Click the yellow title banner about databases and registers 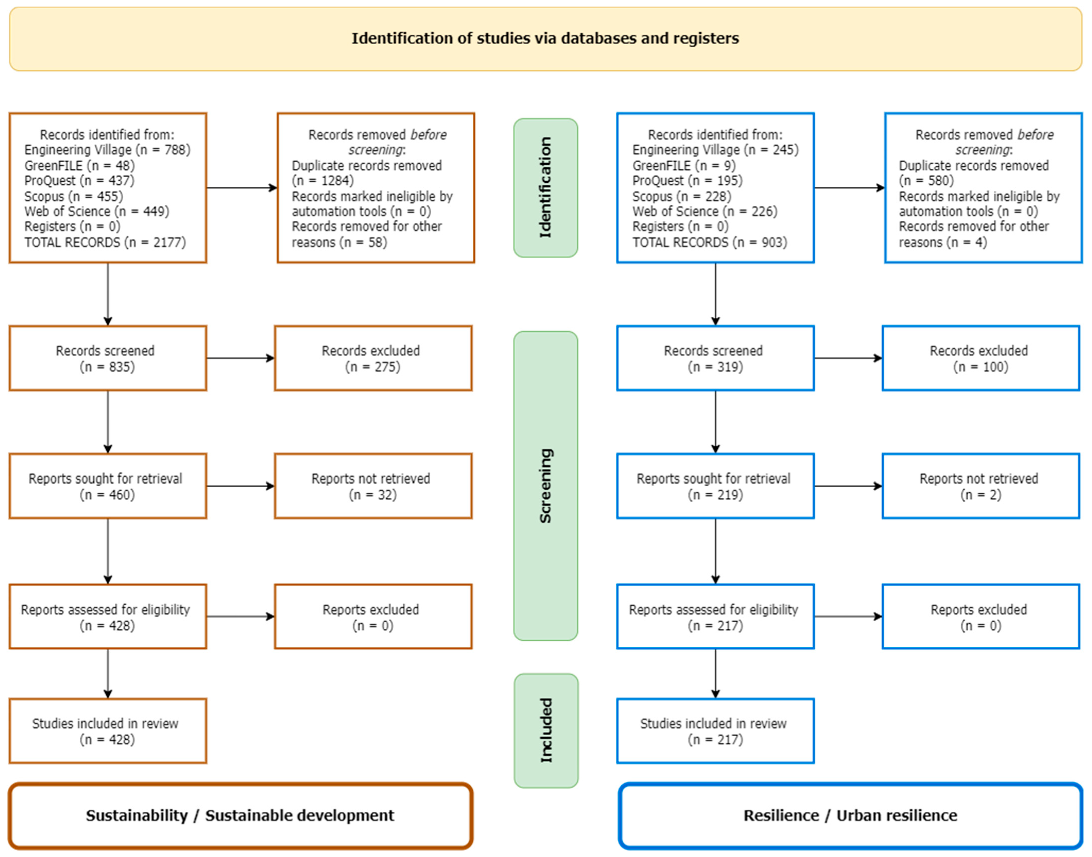pyautogui.click(x=545, y=39)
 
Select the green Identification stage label pyautogui.click(x=545, y=188)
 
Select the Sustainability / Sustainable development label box pyautogui.click(x=240, y=816)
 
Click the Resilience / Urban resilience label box pyautogui.click(x=850, y=816)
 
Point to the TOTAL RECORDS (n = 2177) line pyautogui.click(x=105, y=242)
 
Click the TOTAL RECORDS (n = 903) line pyautogui.click(x=709, y=242)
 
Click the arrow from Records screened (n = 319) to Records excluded pyautogui.click(x=847, y=358)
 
